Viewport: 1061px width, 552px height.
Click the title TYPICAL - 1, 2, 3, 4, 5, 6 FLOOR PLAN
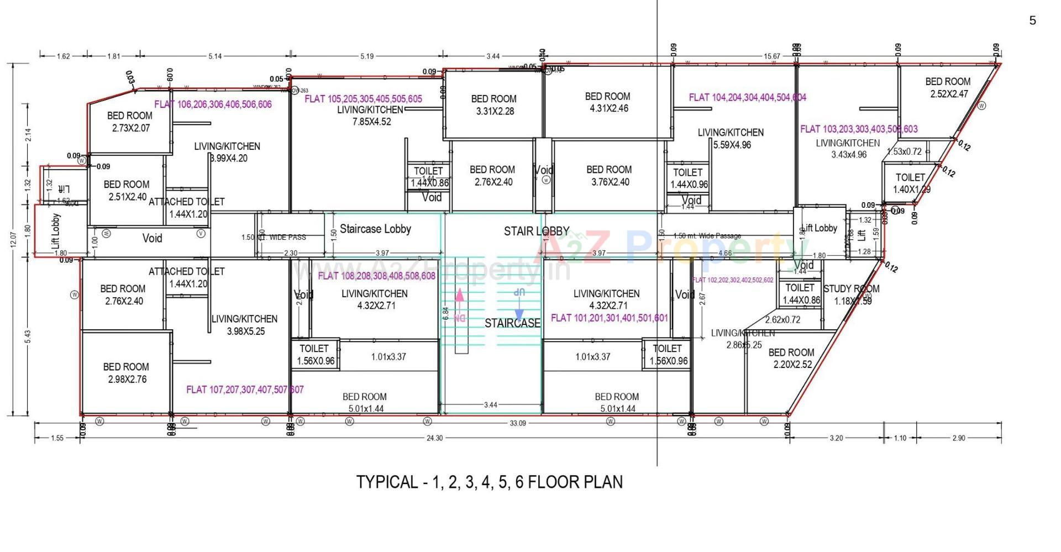tap(489, 482)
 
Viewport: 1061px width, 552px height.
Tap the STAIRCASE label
tap(512, 323)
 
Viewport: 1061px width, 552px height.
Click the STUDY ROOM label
tap(851, 288)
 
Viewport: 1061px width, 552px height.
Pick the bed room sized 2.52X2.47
tap(948, 88)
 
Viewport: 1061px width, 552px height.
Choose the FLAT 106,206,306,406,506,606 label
tap(213, 104)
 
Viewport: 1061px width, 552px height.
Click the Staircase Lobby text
tap(375, 229)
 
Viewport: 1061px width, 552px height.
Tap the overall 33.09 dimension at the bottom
tap(517, 423)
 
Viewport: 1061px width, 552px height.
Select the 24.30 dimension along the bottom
tap(434, 438)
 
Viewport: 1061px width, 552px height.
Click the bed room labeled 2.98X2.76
tap(126, 373)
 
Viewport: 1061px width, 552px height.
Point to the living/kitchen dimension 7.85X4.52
tap(371, 122)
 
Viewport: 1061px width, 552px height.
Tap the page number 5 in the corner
tap(1032, 21)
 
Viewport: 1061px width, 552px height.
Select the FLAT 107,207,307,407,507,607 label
tap(245, 390)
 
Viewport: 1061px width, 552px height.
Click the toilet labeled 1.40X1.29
tap(911, 183)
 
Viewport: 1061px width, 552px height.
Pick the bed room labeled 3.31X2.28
tap(494, 105)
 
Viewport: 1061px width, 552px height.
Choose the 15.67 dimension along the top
tap(771, 56)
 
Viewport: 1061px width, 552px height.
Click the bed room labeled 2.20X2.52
tap(791, 358)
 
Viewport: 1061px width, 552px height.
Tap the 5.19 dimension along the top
tap(367, 56)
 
